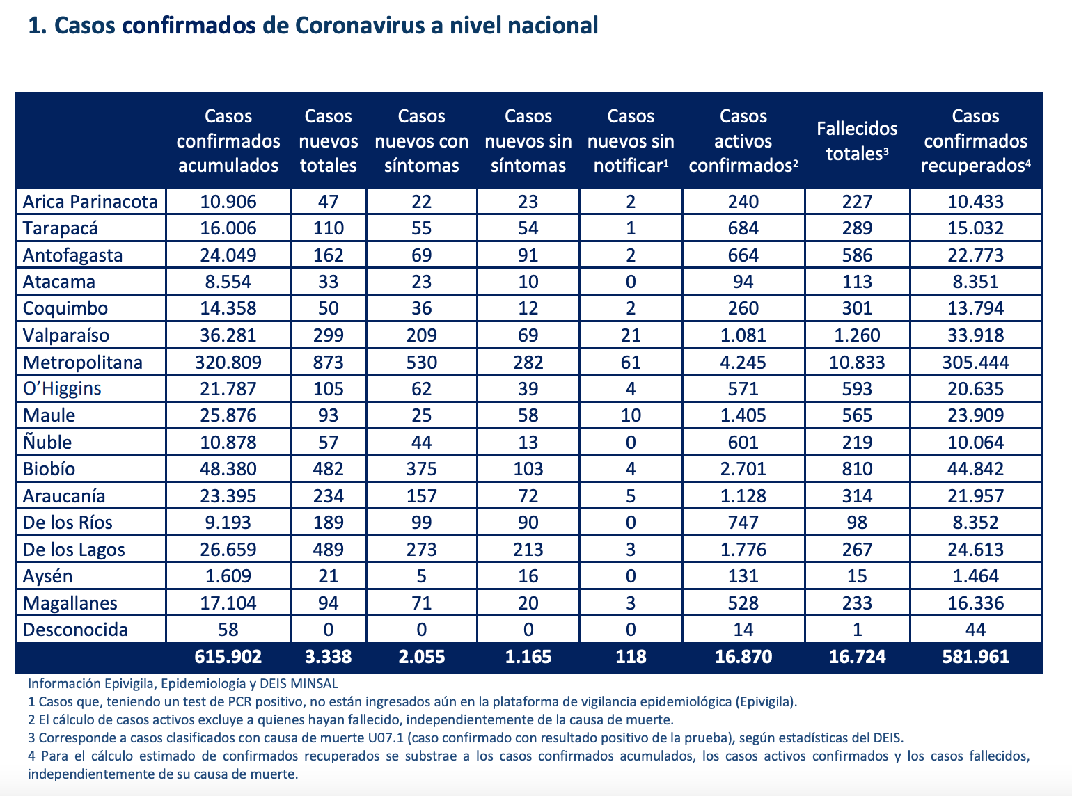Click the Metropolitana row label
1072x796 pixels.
click(x=83, y=362)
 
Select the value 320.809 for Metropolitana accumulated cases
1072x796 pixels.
click(x=228, y=362)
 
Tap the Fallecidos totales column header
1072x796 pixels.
click(x=857, y=141)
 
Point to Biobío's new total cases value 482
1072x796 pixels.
click(x=328, y=469)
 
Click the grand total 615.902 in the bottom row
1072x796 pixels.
click(x=228, y=656)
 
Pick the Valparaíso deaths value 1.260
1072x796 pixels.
click(x=857, y=335)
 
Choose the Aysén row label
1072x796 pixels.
click(x=47, y=576)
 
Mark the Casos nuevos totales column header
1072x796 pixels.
click(x=328, y=141)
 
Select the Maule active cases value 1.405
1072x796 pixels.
click(x=743, y=415)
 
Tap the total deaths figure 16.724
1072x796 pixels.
click(x=857, y=656)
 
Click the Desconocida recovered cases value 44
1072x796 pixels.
click(x=975, y=629)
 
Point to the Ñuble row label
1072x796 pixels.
click(x=47, y=442)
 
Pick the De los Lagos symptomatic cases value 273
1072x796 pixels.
click(x=421, y=549)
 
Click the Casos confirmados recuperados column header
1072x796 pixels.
click(x=975, y=141)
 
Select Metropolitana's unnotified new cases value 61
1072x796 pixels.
click(x=631, y=362)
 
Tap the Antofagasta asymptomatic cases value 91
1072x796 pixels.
click(x=528, y=255)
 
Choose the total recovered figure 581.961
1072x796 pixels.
click(x=975, y=656)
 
